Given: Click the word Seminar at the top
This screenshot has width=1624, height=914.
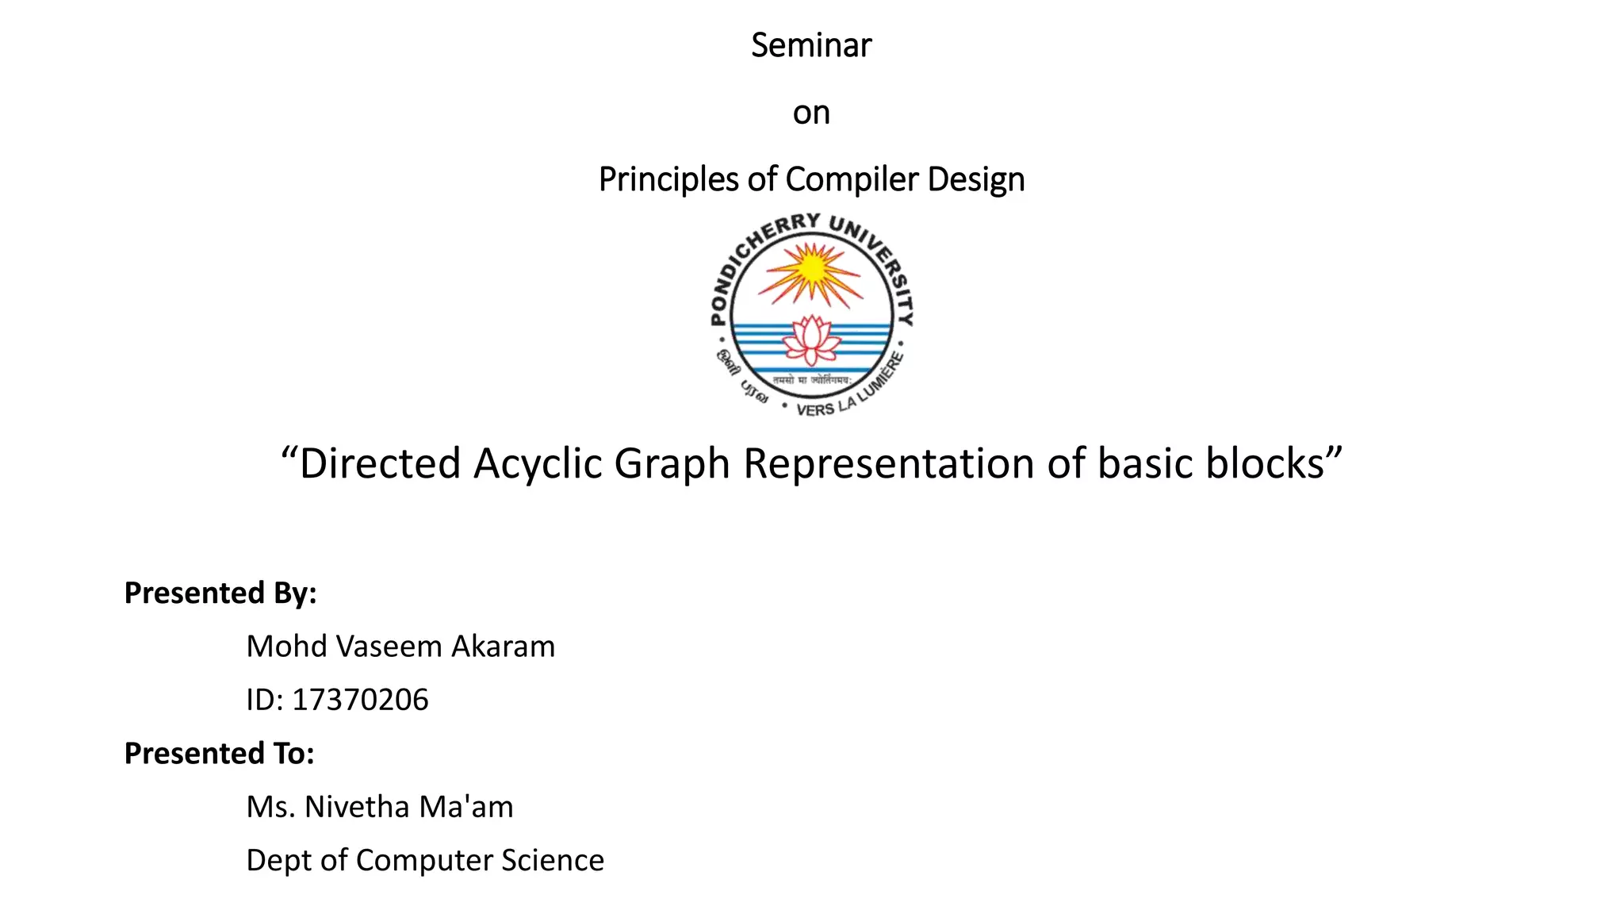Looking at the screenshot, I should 811,45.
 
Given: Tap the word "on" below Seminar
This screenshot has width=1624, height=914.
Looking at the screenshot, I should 811,113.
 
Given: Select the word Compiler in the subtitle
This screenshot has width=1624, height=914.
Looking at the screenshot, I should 852,179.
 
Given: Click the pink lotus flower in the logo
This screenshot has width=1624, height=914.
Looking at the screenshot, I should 811,340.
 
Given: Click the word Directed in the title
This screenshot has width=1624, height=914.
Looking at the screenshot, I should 380,463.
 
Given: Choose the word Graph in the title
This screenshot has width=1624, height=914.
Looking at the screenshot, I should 672,463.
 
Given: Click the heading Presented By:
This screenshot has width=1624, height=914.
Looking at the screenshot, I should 220,593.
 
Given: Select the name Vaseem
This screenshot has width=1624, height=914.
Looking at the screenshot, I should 389,647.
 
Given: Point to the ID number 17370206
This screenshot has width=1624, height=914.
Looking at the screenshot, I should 360,700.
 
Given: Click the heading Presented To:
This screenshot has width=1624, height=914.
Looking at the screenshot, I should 220,753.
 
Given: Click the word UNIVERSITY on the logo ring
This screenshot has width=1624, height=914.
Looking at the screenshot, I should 880,262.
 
